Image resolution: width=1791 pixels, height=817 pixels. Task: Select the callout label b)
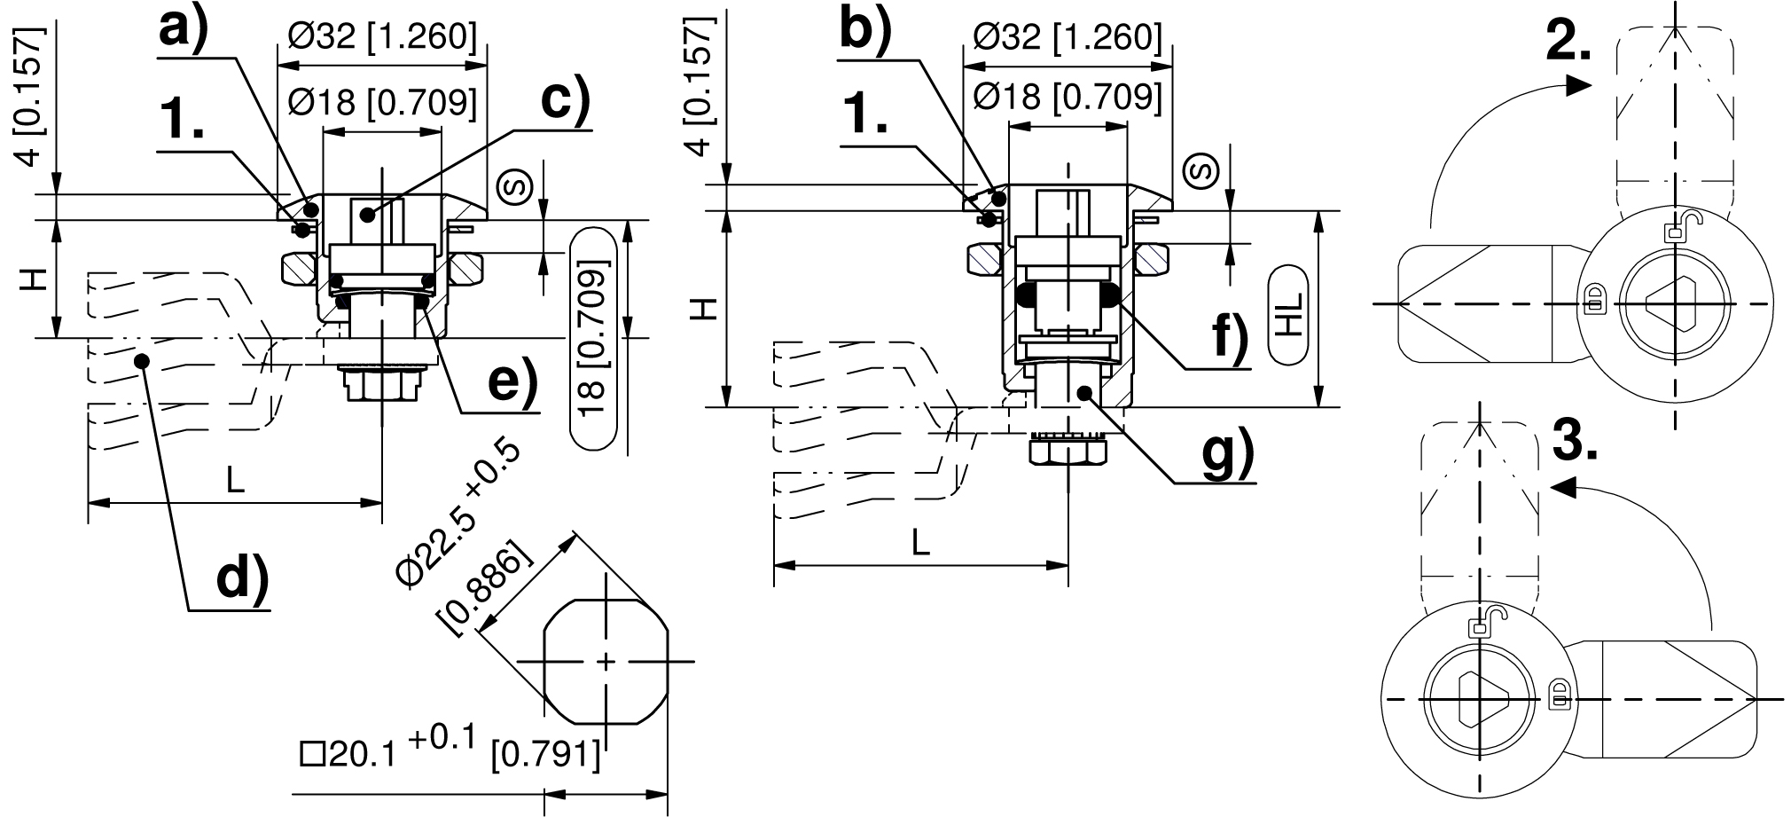(x=864, y=30)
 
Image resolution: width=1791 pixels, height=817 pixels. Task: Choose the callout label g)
(x=1229, y=454)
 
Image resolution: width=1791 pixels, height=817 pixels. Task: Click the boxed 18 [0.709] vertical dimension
(x=591, y=338)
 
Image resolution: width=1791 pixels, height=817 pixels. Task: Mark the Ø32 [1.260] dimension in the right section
(x=1068, y=37)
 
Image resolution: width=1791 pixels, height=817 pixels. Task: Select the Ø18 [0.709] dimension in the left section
(x=382, y=104)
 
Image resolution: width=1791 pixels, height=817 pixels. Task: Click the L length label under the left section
(x=234, y=481)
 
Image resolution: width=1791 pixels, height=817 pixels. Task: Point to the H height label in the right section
(x=702, y=310)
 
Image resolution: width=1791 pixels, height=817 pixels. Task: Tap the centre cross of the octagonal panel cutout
(x=606, y=662)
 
